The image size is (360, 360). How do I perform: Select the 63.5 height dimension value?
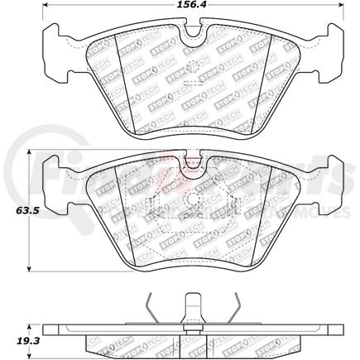[x=14, y=212]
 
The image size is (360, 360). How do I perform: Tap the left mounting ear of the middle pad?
[x=55, y=175]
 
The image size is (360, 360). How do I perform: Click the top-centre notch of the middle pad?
[x=193, y=159]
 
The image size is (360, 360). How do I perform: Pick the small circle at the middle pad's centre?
[x=193, y=201]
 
